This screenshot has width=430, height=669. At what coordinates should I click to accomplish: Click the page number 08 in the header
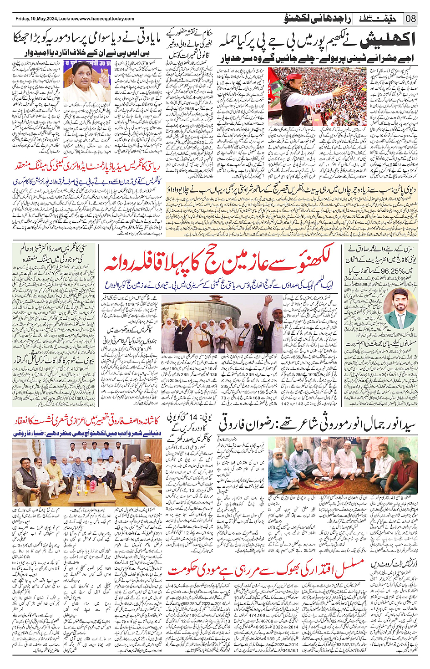(x=411, y=19)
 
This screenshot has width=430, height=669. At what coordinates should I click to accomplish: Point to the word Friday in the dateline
(x=22, y=19)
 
